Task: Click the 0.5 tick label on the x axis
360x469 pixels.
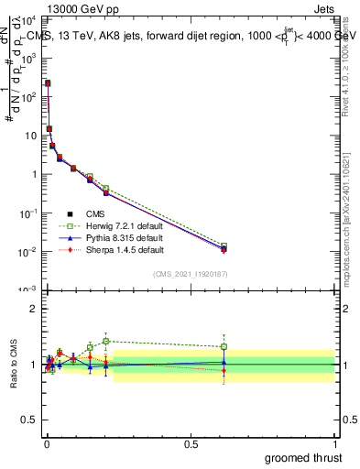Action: (191, 443)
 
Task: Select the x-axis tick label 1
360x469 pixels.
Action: (334, 443)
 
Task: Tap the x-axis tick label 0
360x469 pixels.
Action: (46, 443)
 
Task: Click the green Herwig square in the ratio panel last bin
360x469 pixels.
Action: (224, 346)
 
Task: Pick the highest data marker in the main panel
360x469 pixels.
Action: (48, 83)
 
